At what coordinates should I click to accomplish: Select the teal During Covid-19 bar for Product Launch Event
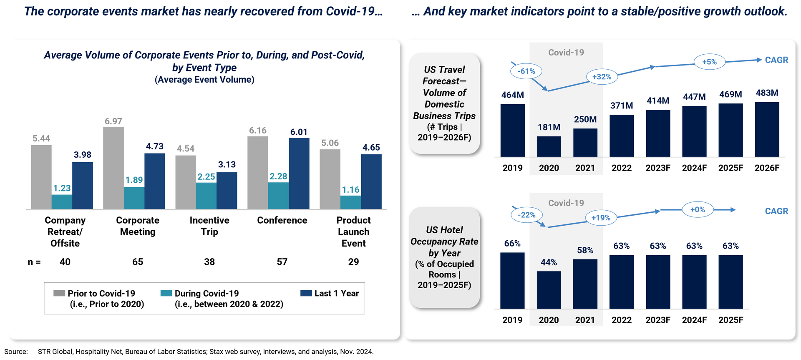coord(350,202)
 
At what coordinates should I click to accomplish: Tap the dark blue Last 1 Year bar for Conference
coord(299,174)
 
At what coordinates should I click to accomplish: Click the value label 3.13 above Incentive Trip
coord(227,164)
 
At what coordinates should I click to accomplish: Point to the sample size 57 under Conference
coord(282,262)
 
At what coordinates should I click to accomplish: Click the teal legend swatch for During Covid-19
coord(166,293)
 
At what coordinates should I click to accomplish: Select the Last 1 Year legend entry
coord(330,293)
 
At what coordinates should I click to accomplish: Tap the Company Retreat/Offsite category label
coord(65,232)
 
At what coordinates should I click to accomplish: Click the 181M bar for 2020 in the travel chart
coord(549,146)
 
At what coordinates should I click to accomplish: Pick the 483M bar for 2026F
coord(767,129)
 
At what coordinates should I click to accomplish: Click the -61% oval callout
coord(526,71)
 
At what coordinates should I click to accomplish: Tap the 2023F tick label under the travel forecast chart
coord(658,168)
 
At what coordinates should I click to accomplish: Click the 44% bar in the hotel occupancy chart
coord(549,290)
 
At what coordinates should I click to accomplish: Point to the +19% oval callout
coord(601,218)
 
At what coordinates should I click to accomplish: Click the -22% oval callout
coord(526,215)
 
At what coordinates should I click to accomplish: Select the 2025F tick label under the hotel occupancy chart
coord(730,320)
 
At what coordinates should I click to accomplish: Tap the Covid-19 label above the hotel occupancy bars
coord(566,203)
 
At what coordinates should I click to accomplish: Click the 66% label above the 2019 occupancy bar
coord(512,244)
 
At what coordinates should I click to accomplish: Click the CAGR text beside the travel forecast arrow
coord(776,60)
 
